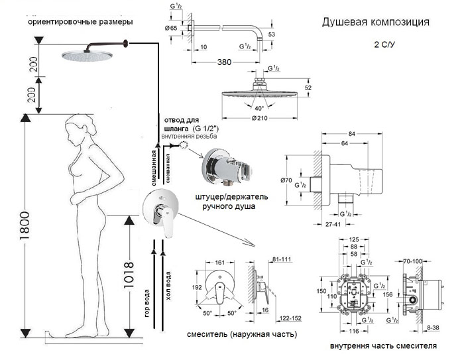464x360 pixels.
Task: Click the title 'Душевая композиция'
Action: coord(375,22)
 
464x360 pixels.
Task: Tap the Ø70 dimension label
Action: coord(288,180)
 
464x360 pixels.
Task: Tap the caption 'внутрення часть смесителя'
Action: coord(383,346)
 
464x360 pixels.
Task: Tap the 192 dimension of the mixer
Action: coord(197,288)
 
